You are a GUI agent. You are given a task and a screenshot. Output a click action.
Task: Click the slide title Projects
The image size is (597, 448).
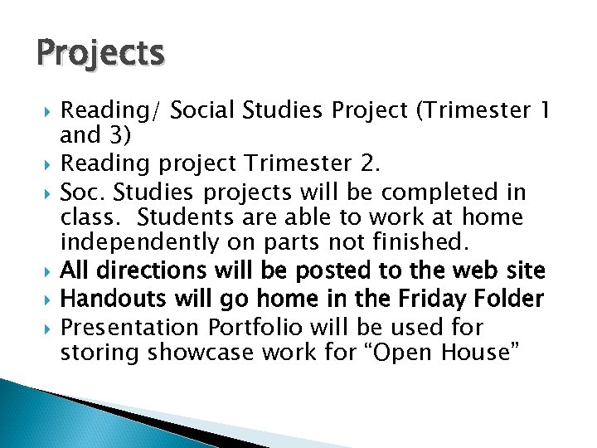(100, 53)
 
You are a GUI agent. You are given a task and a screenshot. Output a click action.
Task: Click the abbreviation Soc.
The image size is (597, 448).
(85, 192)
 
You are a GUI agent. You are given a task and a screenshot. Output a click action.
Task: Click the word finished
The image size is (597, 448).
(422, 243)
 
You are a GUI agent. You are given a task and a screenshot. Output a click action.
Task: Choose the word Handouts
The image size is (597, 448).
(108, 299)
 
